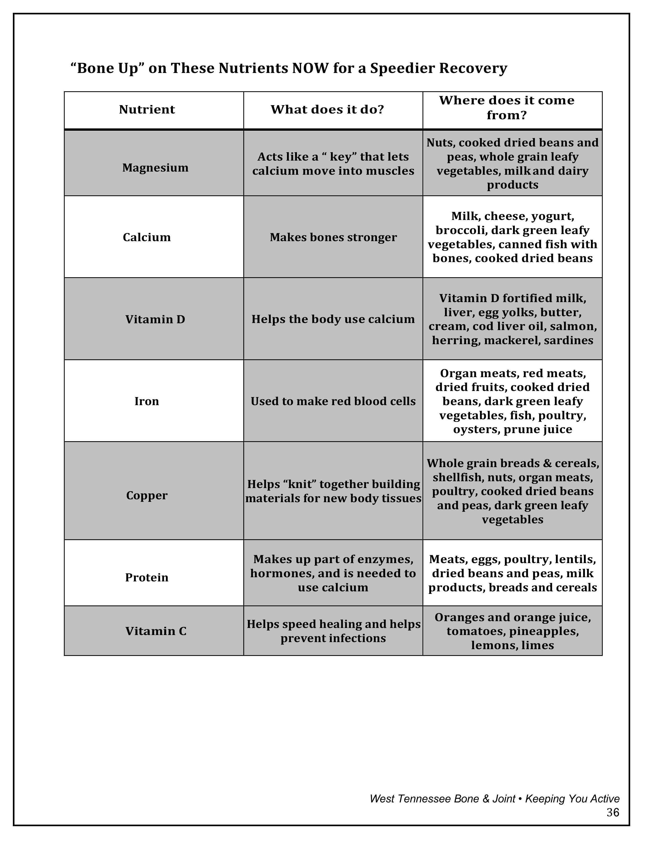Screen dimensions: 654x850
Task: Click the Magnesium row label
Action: [x=155, y=168]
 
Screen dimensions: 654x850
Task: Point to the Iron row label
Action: [x=147, y=401]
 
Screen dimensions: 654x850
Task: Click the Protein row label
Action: [x=147, y=577]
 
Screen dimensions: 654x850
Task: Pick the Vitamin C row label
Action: [x=156, y=631]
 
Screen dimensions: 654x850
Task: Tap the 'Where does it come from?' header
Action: [x=507, y=108]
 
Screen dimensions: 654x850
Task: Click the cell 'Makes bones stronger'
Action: [x=333, y=237]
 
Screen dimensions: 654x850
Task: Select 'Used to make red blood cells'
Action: [x=333, y=401]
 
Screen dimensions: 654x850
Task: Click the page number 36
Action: [x=613, y=813]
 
